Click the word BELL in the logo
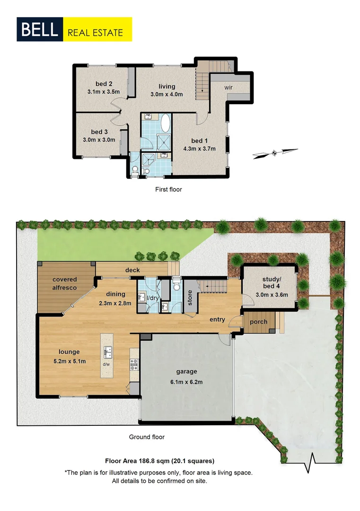click(39, 30)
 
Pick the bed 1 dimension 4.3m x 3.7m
click(199, 149)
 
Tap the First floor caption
click(168, 189)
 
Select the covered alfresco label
click(65, 283)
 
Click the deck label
click(132, 270)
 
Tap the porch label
click(258, 322)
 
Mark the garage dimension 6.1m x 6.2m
click(187, 382)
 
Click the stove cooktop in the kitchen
click(134, 365)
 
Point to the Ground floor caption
click(147, 437)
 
